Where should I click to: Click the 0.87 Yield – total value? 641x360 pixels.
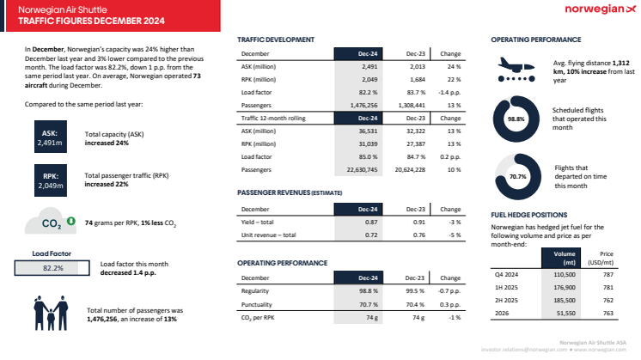click(367, 222)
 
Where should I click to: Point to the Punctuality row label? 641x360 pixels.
click(257, 304)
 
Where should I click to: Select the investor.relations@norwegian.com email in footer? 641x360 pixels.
click(518, 351)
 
